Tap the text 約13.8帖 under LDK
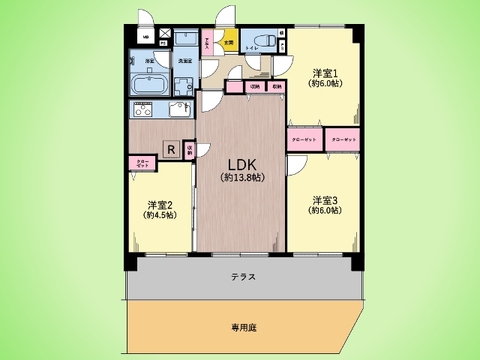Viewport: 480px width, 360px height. [242, 177]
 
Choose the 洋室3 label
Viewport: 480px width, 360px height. [322, 198]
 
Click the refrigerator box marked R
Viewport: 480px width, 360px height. [172, 150]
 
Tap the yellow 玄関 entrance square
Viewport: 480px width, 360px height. [229, 43]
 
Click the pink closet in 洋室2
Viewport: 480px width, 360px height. [141, 162]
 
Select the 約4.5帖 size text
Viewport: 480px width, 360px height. [159, 214]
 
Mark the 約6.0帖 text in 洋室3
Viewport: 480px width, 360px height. [322, 211]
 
